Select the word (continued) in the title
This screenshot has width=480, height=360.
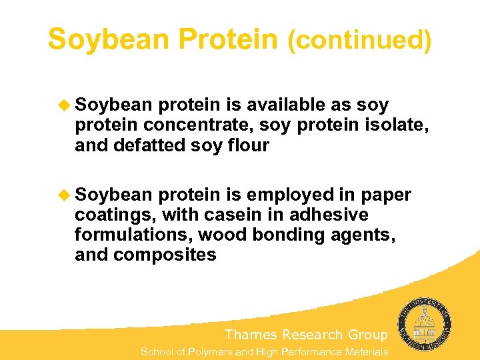[x=359, y=41]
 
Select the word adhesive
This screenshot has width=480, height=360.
[x=335, y=215]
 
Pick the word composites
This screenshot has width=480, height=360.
[x=165, y=255]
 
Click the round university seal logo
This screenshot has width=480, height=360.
[x=425, y=323]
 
